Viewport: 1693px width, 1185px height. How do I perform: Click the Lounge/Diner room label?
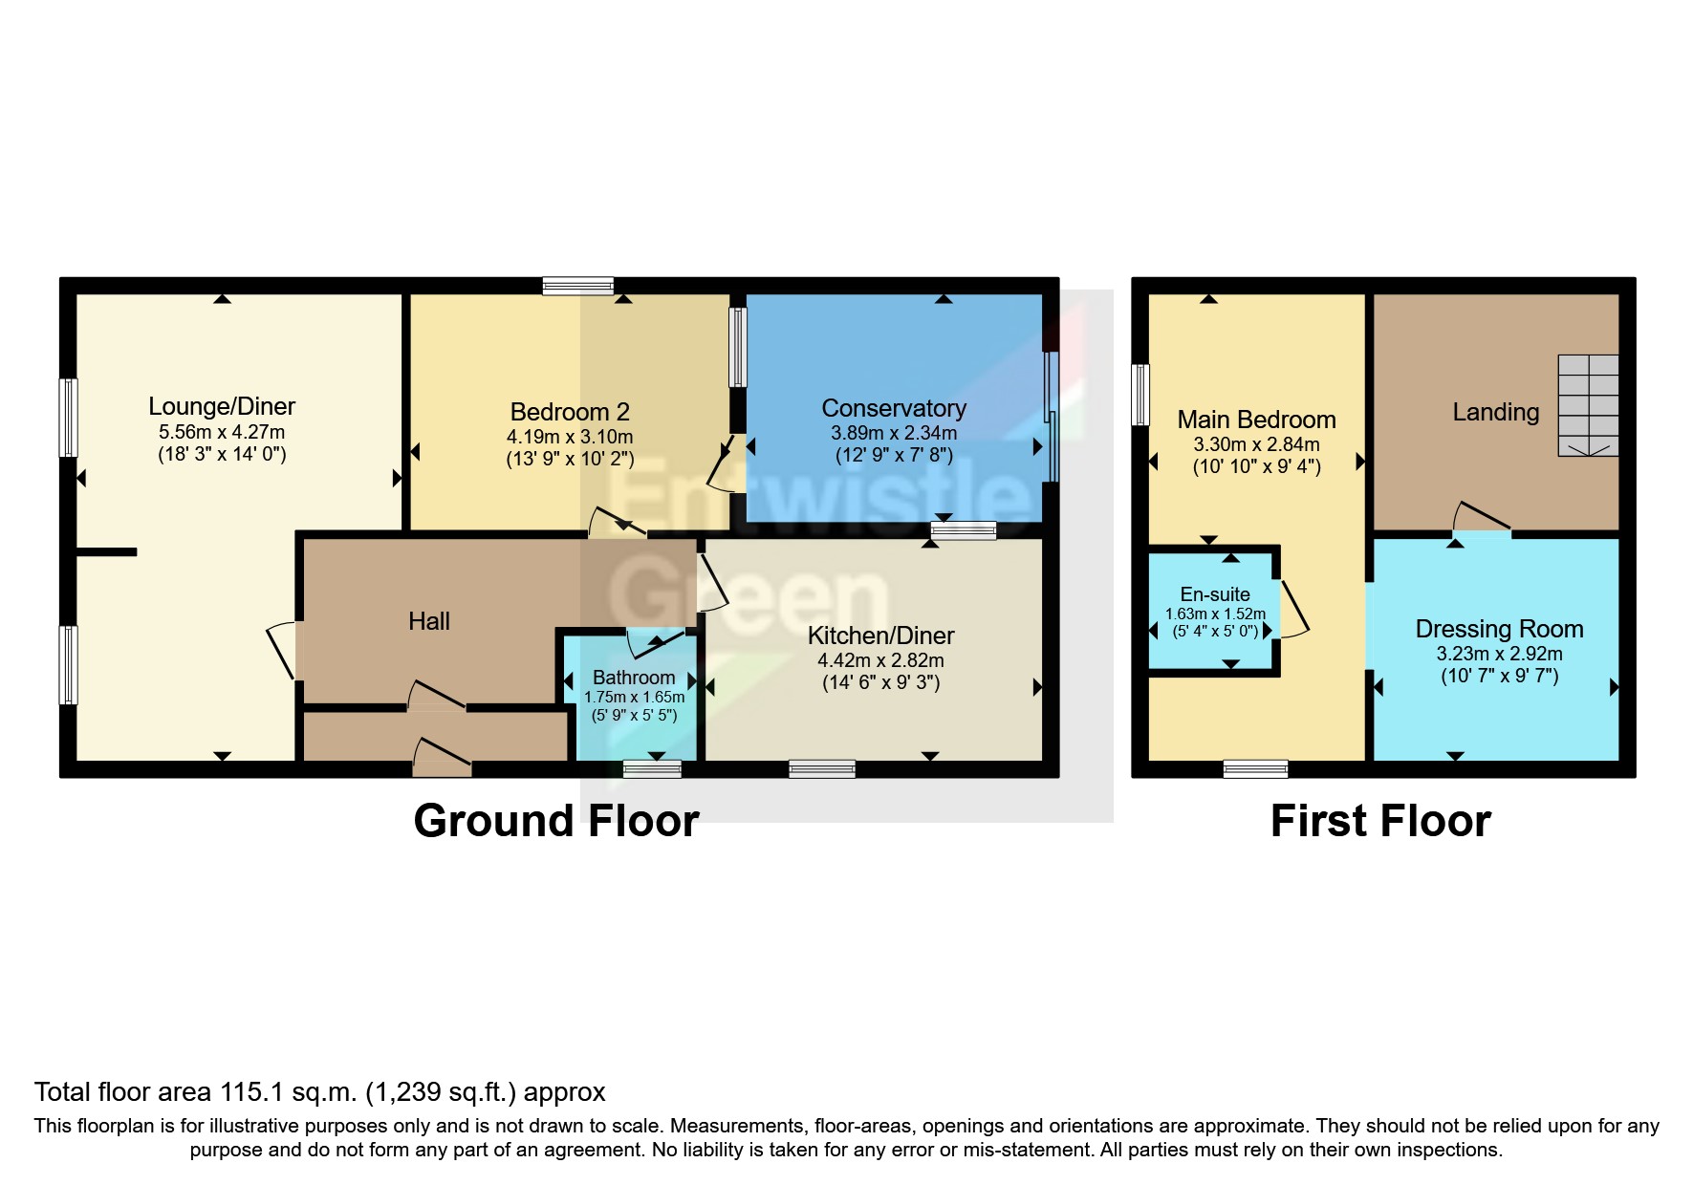(222, 406)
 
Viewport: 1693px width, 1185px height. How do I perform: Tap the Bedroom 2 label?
(570, 412)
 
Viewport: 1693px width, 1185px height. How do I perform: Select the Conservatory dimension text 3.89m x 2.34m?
(894, 433)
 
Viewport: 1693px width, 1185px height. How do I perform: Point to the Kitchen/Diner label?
(880, 636)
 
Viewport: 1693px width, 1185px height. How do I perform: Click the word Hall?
(429, 621)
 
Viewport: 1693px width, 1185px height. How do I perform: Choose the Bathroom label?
(634, 678)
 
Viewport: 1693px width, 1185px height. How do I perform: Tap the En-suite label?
(1215, 594)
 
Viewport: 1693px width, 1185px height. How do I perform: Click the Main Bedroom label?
(1256, 420)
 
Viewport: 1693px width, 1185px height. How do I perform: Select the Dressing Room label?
(1499, 629)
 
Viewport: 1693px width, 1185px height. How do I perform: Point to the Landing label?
(1496, 412)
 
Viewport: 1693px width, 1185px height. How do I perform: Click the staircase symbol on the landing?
(1588, 405)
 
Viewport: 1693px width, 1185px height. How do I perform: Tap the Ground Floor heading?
(556, 821)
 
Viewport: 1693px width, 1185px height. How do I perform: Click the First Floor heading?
(1380, 821)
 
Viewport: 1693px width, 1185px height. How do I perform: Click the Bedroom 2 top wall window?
(577, 286)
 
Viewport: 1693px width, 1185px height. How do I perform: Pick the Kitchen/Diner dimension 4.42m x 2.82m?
(880, 660)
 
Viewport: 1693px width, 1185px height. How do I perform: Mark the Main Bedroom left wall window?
(1140, 395)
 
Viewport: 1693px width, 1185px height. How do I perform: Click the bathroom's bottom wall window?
(652, 768)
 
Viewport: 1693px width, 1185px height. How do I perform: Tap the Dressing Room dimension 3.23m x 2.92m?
(1499, 654)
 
